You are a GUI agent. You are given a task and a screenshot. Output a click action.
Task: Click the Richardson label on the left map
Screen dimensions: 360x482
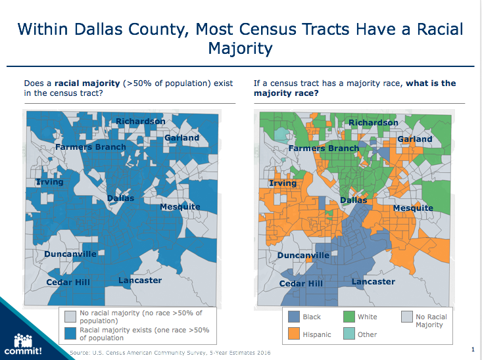pyautogui.click(x=141, y=122)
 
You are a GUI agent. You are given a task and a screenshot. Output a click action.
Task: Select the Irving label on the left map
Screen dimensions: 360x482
pyautogui.click(x=50, y=181)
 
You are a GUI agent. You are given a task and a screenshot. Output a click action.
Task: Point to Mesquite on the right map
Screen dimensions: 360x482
pyautogui.click(x=413, y=208)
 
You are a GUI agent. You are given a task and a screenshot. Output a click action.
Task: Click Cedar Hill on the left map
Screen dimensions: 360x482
pyautogui.click(x=68, y=282)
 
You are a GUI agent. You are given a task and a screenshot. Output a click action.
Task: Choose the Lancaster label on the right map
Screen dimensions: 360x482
pyautogui.click(x=374, y=282)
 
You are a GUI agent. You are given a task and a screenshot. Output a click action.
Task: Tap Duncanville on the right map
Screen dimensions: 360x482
pyautogui.click(x=303, y=256)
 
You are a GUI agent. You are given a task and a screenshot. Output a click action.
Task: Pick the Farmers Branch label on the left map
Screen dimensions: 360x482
pyautogui.click(x=90, y=147)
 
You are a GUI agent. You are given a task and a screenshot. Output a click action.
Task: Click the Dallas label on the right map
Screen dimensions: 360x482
pyautogui.click(x=353, y=200)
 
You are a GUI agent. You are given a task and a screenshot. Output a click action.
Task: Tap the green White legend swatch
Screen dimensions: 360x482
pyautogui.click(x=349, y=317)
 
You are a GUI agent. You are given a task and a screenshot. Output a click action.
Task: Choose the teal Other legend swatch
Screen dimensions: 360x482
pyautogui.click(x=349, y=334)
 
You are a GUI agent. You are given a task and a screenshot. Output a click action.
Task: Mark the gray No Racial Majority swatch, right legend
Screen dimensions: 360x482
pyautogui.click(x=406, y=317)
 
